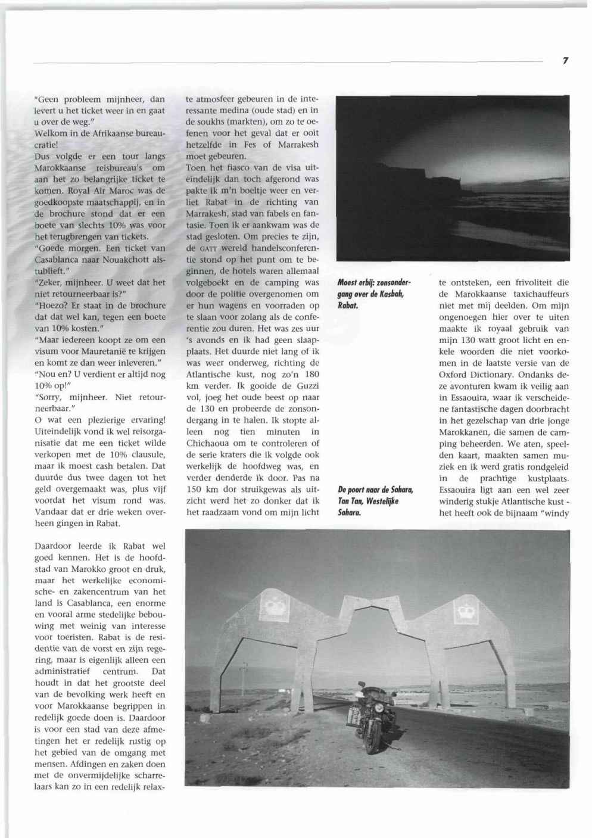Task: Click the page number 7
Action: tap(565, 61)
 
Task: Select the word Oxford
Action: tap(454, 374)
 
